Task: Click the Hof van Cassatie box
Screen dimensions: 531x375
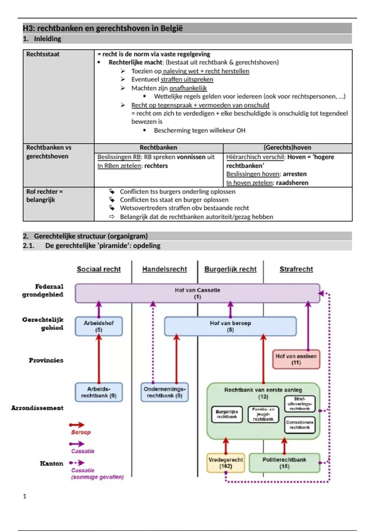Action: coord(197,293)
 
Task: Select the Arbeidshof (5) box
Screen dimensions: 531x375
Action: coord(99,326)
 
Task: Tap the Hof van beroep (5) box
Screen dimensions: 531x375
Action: coord(230,326)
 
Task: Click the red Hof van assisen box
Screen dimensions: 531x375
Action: coord(296,359)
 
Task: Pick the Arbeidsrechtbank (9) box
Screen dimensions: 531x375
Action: coord(99,392)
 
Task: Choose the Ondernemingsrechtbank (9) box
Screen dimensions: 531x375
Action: coord(164,392)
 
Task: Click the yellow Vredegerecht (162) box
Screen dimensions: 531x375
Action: coord(226,463)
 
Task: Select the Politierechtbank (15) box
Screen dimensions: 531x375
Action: coord(284,463)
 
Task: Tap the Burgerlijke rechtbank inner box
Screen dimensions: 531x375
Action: coord(227,414)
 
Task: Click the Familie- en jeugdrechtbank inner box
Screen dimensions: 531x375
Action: coord(263,414)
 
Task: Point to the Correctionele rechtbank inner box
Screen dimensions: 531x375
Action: coord(299,425)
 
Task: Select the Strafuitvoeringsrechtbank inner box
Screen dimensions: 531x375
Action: coord(299,404)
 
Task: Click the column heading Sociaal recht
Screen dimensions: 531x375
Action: coord(99,269)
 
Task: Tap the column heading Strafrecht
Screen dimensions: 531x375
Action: coord(296,269)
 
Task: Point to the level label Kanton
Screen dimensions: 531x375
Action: coord(52,463)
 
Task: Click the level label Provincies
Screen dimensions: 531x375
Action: coord(46,360)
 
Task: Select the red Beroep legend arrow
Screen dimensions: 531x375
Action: coord(77,425)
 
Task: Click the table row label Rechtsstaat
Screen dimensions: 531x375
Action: coord(43,54)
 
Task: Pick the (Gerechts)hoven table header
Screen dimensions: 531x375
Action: coord(287,147)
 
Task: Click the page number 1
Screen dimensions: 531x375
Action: coord(25,496)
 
